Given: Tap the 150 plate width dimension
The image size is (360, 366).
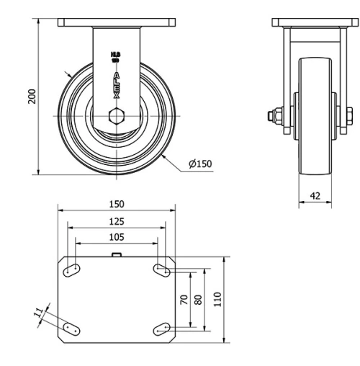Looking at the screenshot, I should click(x=116, y=204).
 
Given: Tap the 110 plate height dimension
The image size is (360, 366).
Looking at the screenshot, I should click(x=217, y=298).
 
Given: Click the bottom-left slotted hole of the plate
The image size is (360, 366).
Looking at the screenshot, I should click(x=71, y=328).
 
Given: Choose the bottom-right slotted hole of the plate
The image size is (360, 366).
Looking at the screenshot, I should click(x=162, y=329).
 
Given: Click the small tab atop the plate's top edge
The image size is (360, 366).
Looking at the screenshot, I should click(x=116, y=254).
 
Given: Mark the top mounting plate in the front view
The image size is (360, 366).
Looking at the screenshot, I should click(x=116, y=23).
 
